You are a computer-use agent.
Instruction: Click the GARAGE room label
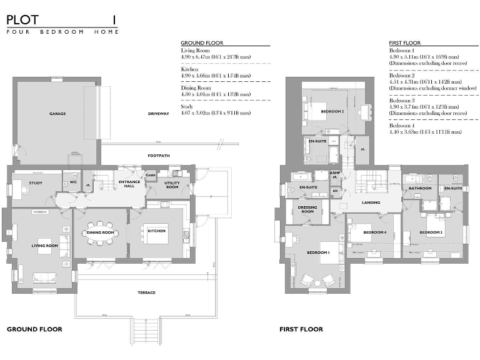57,114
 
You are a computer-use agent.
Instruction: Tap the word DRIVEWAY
159,114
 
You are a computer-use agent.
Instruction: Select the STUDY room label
36,182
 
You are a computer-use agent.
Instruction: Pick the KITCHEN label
156,231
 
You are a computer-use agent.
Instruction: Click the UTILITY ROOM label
172,184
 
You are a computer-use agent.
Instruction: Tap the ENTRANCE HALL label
129,183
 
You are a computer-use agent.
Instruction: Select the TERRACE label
146,292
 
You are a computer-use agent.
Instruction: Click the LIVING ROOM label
45,246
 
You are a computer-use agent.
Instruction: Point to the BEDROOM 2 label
332,112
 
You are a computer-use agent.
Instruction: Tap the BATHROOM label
420,188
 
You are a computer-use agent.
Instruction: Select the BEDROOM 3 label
431,232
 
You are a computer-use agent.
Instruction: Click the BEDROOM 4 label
376,232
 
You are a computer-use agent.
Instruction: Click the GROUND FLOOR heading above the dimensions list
201,42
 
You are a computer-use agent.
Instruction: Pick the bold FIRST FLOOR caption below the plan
301,329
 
